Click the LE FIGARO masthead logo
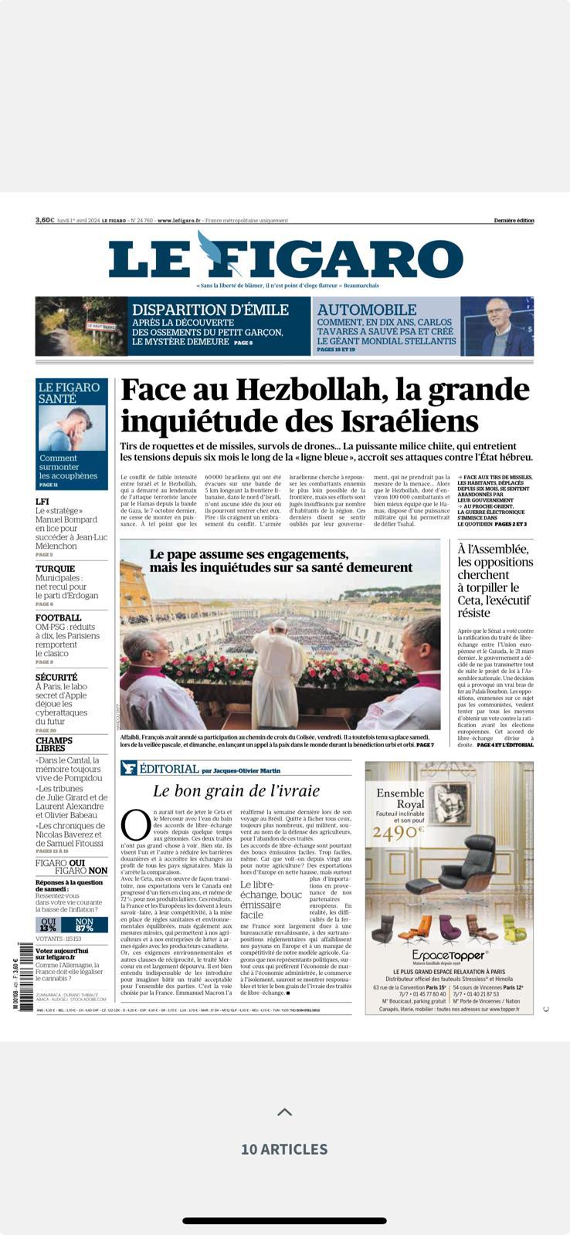click(x=285, y=259)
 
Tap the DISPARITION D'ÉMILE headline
click(x=210, y=310)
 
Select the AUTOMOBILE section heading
click(x=367, y=310)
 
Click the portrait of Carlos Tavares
click(x=497, y=326)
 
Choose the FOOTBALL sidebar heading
click(x=59, y=617)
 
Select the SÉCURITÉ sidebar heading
click(x=56, y=677)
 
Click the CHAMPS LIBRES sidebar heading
click(x=54, y=744)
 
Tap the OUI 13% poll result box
click(x=49, y=925)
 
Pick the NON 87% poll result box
click(x=84, y=925)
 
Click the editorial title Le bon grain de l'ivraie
click(x=236, y=790)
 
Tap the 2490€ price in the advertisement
click(x=399, y=832)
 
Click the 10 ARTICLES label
click(x=284, y=1149)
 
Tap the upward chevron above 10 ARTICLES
click(x=284, y=1112)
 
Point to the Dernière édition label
click(x=514, y=221)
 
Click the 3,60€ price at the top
click(x=45, y=220)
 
